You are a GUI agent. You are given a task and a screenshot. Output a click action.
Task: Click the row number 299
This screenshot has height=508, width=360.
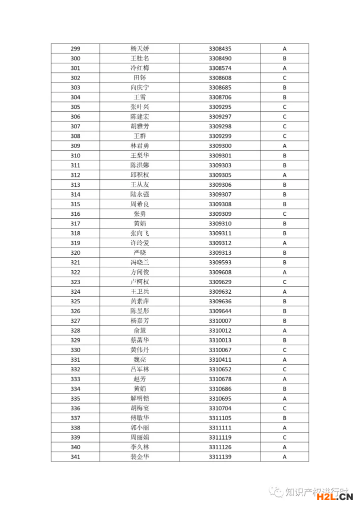point(75,49)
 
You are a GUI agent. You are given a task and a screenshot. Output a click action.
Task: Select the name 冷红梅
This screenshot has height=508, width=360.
point(139,68)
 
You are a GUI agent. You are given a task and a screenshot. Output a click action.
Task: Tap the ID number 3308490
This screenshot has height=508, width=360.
point(220,58)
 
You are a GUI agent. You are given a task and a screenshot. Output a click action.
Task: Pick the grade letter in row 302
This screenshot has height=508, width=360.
point(284,78)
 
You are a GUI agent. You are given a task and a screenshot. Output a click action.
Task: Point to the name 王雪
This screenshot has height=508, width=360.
point(139,97)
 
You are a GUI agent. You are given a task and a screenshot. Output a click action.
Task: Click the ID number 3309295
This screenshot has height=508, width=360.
point(220,107)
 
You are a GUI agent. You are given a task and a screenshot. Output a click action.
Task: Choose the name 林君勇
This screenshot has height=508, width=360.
point(139,146)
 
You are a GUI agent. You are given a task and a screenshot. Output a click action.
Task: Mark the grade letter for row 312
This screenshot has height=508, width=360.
point(284,175)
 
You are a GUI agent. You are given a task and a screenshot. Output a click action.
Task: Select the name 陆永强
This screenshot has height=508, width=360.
point(139,194)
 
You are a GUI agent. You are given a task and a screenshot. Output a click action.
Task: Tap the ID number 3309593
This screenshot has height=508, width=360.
point(220,263)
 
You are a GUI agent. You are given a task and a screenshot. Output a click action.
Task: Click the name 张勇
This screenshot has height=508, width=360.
point(139,214)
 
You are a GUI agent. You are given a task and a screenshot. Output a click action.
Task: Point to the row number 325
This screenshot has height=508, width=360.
point(75,301)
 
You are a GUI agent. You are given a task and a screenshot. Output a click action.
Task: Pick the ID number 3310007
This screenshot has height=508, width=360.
point(220,321)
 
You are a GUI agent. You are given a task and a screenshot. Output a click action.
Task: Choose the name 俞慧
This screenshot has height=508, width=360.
point(139,331)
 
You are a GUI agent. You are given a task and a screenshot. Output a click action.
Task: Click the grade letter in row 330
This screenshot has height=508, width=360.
point(284,350)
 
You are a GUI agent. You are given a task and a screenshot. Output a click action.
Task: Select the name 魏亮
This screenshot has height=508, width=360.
point(139,360)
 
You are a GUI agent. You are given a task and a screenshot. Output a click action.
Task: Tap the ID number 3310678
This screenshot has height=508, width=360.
point(220,379)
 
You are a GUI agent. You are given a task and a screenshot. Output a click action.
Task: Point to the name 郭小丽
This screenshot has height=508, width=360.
point(139,428)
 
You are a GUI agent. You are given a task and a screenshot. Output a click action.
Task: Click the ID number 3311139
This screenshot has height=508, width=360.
point(220,457)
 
